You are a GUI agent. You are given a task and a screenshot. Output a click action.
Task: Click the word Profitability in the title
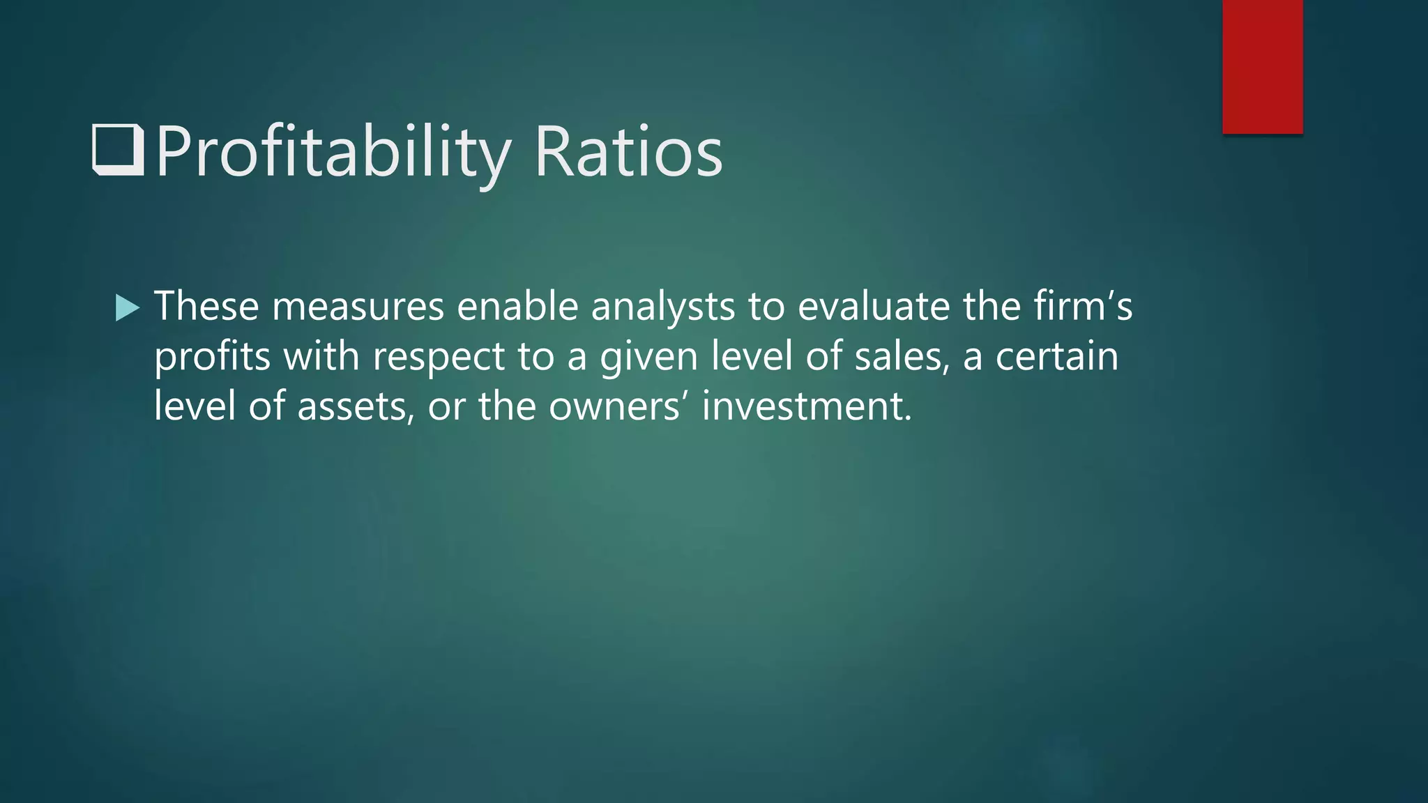click(x=333, y=152)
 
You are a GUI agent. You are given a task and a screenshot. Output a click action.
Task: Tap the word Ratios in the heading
click(x=628, y=152)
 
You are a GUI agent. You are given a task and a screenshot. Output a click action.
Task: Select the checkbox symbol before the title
click(x=118, y=150)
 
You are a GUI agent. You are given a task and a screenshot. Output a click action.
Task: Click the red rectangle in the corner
click(x=1262, y=66)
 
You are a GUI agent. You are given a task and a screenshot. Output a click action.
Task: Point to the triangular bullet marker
click(x=127, y=307)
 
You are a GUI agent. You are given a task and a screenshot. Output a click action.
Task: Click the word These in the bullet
click(x=206, y=306)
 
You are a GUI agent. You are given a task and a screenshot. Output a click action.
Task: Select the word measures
click(x=358, y=306)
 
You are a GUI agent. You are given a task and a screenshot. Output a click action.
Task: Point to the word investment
click(x=807, y=406)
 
